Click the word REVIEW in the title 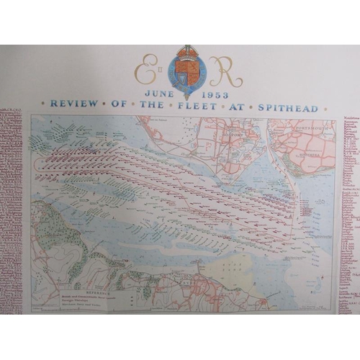pos(70,103)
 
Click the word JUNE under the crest pos(158,93)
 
